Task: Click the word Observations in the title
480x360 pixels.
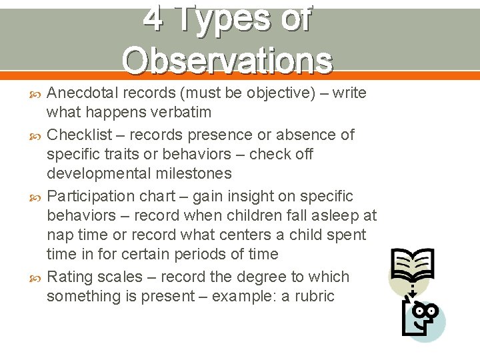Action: click(227, 60)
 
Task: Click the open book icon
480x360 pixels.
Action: click(412, 267)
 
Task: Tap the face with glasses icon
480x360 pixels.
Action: click(421, 315)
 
